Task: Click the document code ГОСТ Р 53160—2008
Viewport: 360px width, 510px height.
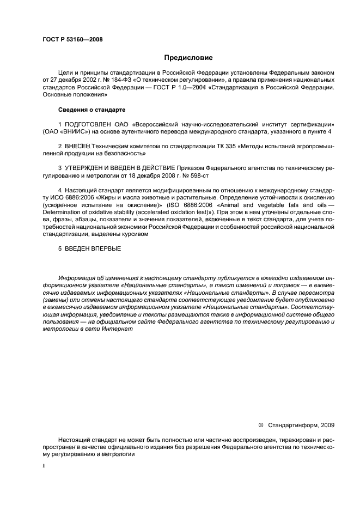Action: point(72,40)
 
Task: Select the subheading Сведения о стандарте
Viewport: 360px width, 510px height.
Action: point(92,110)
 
